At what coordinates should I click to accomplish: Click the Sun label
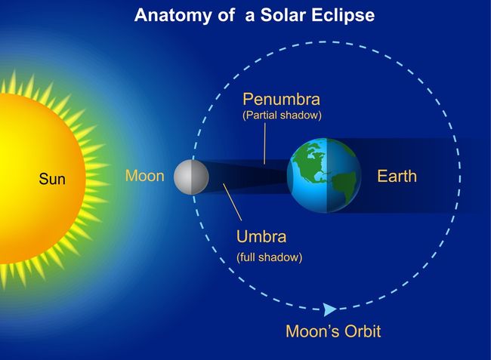coord(52,180)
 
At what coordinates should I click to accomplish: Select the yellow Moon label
coord(144,177)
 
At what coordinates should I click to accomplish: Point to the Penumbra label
coord(281,100)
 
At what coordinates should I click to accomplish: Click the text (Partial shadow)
coord(282,115)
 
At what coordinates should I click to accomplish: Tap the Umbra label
coord(261,235)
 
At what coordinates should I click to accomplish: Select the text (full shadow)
coord(269,257)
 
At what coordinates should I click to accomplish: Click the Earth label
coord(397,177)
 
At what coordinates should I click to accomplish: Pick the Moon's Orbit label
coord(333,331)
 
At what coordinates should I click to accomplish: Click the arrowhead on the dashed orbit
coord(329,309)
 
